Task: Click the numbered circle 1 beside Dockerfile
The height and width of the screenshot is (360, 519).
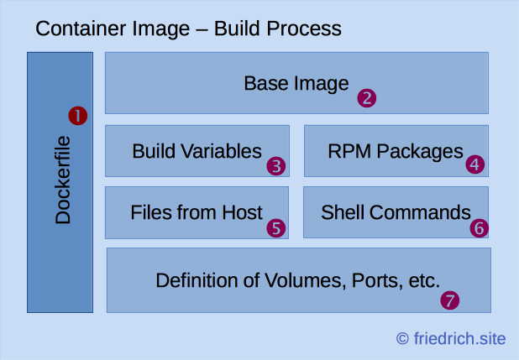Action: click(x=78, y=116)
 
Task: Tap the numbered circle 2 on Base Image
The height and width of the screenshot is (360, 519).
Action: click(x=366, y=97)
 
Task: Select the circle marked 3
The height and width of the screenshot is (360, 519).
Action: click(x=277, y=165)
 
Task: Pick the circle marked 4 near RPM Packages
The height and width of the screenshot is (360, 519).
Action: click(x=475, y=164)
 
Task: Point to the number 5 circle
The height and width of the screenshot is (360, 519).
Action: click(x=276, y=227)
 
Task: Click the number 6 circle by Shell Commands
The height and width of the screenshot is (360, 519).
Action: click(x=478, y=227)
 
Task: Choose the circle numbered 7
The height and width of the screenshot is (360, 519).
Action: click(x=451, y=299)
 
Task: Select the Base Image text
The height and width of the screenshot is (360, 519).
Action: click(x=296, y=84)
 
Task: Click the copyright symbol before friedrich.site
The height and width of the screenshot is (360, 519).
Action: click(x=403, y=338)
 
